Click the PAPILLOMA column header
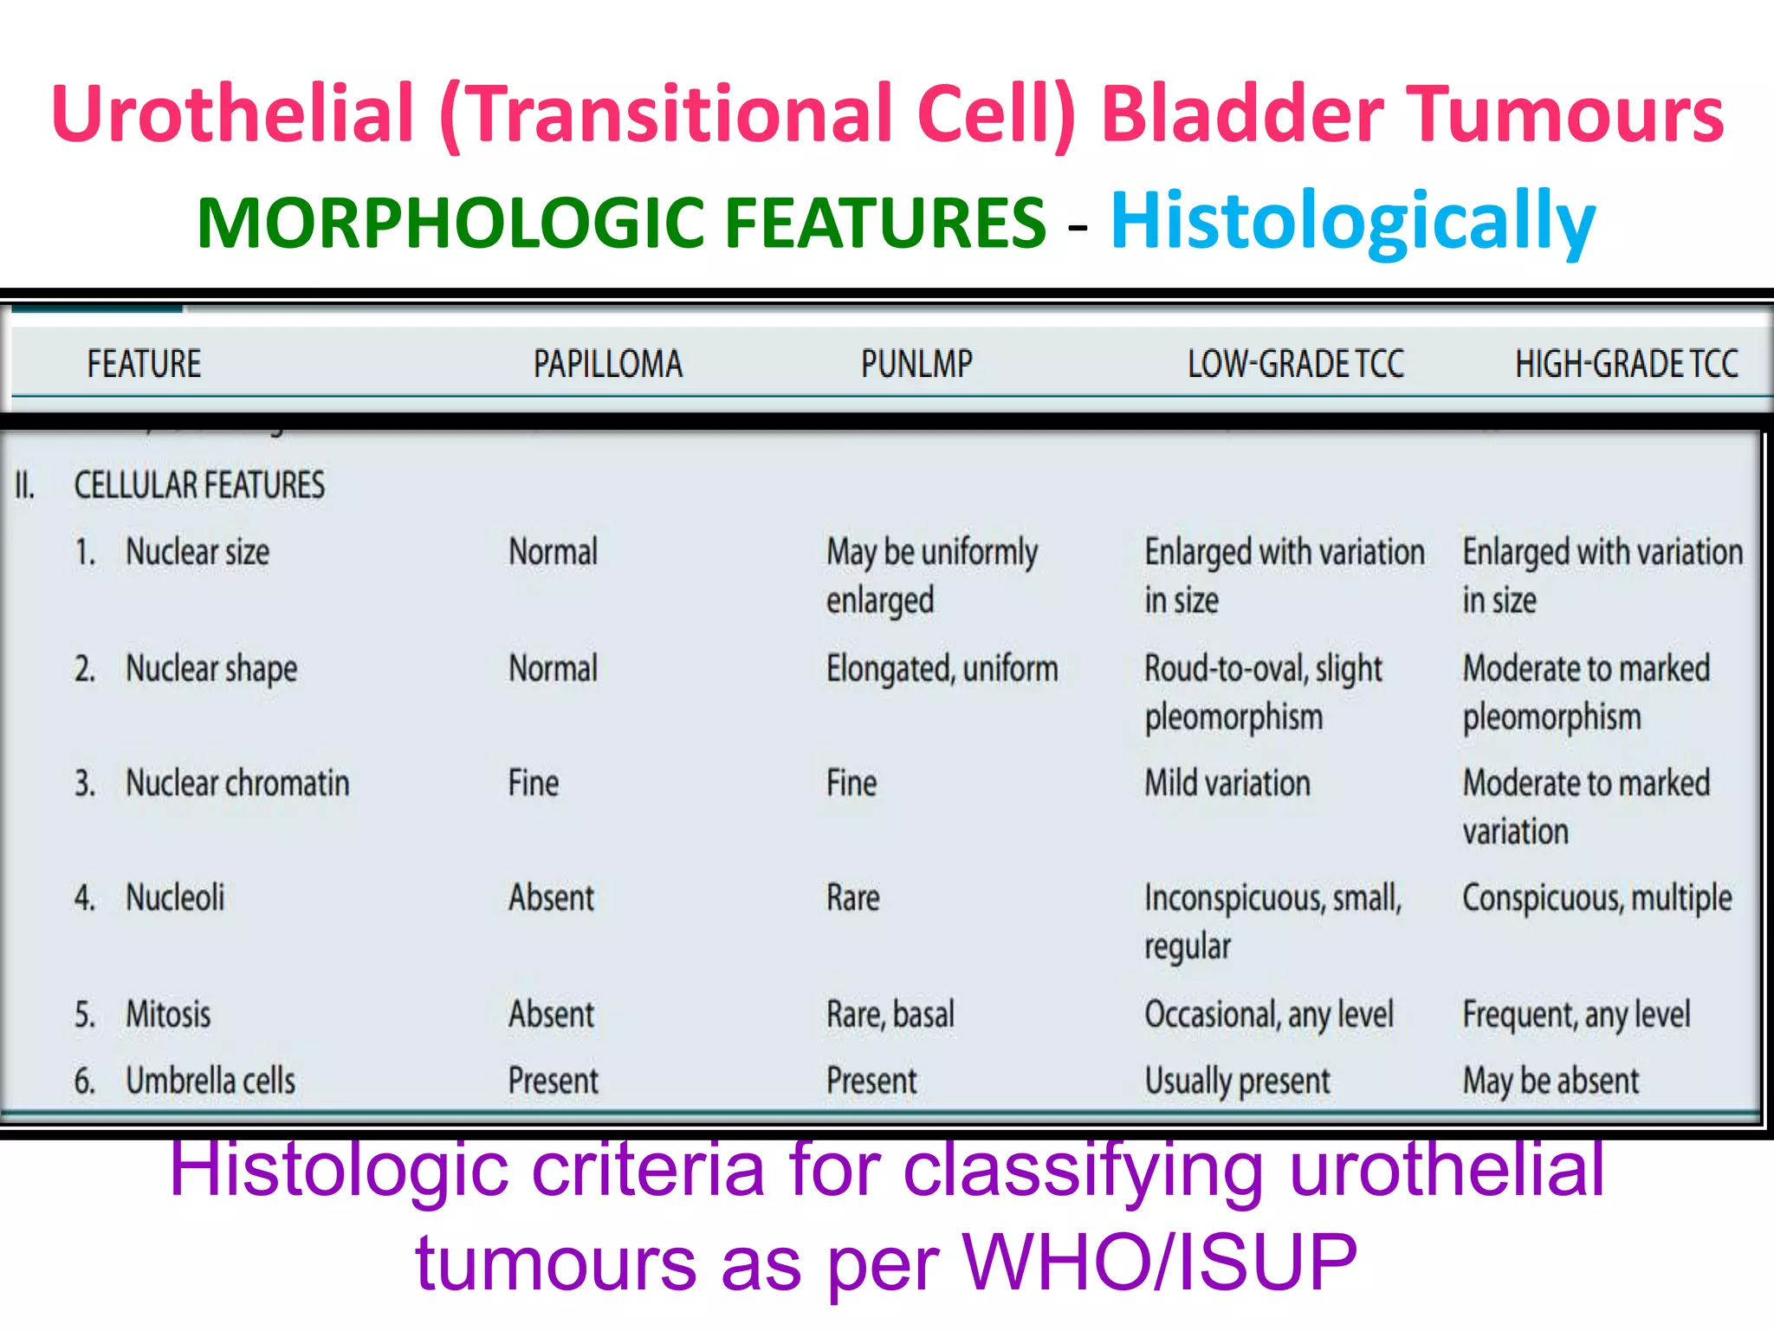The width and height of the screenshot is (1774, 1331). coord(607,364)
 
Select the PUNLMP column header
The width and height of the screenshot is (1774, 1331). coord(916,364)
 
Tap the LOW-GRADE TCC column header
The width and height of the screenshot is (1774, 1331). coord(1295,364)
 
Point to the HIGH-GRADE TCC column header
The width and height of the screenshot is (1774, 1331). coord(1626,364)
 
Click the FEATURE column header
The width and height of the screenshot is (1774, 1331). coord(144,364)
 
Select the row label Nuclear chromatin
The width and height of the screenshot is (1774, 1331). coord(237,783)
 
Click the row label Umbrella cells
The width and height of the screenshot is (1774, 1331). coord(210,1081)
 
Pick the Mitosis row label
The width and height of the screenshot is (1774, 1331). coord(168,1014)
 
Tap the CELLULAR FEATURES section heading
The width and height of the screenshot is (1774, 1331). coord(199,485)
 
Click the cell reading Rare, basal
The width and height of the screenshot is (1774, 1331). coord(890,1014)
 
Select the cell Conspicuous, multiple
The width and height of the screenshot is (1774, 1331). coord(1596,899)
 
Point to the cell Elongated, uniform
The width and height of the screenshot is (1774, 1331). coord(942,669)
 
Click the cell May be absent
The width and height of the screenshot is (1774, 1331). coord(1551,1081)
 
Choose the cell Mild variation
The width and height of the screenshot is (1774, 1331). coord(1227,783)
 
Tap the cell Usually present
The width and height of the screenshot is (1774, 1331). coord(1237,1081)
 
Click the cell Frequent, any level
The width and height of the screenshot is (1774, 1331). coord(1576,1014)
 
